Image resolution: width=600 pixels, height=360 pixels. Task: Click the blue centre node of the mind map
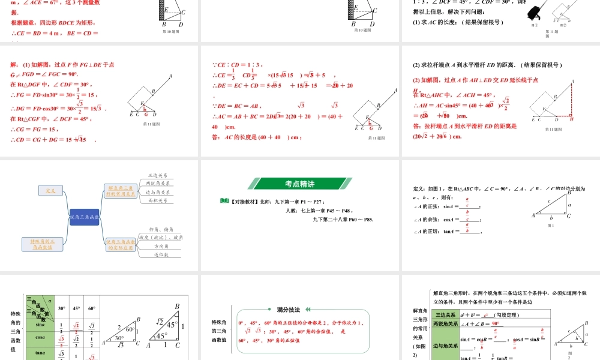point(84,217)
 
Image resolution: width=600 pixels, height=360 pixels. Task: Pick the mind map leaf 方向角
point(160,246)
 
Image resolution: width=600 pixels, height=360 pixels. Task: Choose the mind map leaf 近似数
point(160,254)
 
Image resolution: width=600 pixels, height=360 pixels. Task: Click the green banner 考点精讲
point(300,184)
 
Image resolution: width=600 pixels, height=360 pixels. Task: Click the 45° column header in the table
point(77,308)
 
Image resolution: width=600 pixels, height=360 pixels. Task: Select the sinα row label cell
point(40,325)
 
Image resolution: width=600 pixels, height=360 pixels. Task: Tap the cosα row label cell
point(40,337)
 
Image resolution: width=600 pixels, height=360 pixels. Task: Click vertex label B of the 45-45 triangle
point(177,306)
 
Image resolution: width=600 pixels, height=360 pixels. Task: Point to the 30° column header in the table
point(61,308)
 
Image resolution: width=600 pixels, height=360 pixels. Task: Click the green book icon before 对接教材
point(224,201)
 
